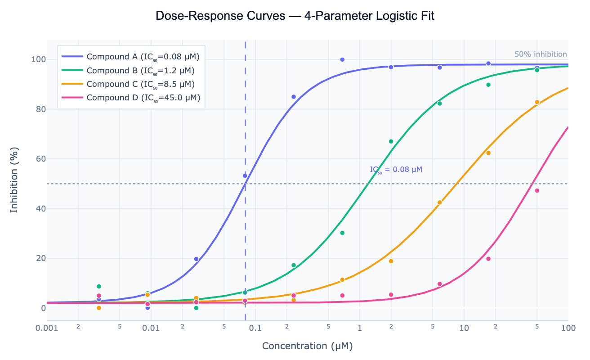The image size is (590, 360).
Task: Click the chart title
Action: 295,16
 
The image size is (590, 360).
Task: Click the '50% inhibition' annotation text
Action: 541,54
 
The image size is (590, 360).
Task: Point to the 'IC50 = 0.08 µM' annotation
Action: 396,170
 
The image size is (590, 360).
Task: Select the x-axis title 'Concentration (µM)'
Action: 307,346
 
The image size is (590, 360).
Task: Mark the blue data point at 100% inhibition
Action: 342,59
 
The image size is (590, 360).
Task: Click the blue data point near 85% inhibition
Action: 294,97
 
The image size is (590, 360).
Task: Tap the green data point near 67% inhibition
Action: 391,141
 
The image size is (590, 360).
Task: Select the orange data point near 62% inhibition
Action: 488,153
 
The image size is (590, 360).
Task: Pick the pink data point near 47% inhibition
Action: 537,191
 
